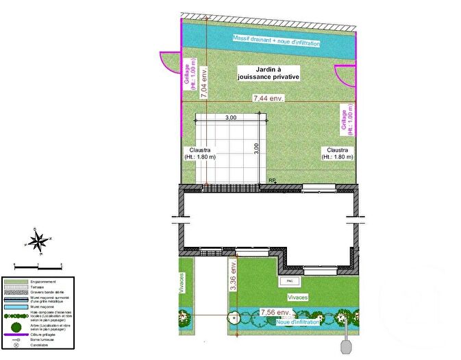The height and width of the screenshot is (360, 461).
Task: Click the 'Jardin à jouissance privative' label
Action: tap(269, 73)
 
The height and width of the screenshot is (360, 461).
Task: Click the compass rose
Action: tap(39, 241)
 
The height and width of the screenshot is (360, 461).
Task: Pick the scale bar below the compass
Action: tap(38, 265)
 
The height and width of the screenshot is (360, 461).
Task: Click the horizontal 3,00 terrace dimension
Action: tap(231, 118)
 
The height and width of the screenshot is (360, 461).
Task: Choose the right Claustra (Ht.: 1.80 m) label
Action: tap(338, 153)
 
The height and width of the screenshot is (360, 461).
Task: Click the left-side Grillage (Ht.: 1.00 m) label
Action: tap(189, 73)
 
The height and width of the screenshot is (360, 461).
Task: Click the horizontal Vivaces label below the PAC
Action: tap(297, 297)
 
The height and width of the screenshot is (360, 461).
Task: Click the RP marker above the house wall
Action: tap(272, 180)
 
